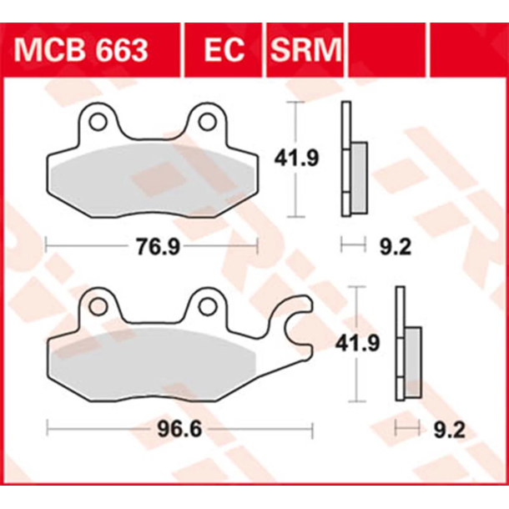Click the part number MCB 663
81,50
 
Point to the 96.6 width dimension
180,431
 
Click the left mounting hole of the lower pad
98,307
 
